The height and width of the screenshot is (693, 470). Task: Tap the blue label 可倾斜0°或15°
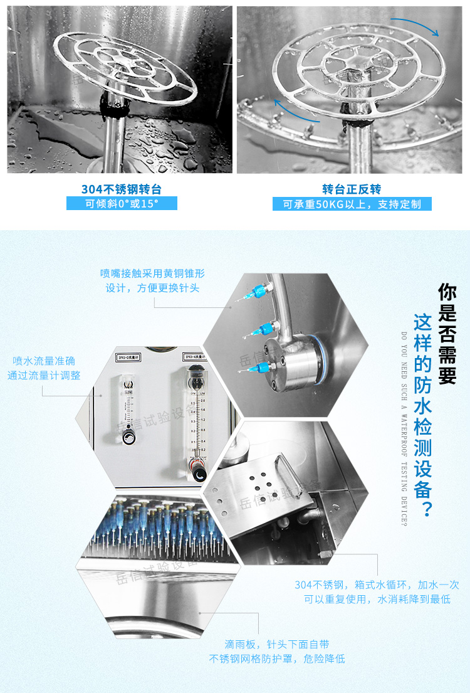[122, 203]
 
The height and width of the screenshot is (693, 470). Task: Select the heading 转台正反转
[352, 189]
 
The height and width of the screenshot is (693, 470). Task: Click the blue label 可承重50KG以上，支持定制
[352, 204]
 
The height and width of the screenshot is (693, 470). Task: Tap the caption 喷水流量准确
[44, 361]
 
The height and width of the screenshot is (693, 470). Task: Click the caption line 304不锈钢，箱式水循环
[377, 585]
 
